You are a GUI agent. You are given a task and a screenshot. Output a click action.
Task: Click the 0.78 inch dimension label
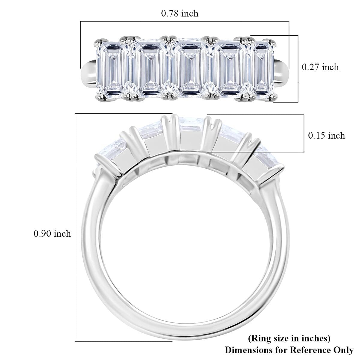coord(180,13)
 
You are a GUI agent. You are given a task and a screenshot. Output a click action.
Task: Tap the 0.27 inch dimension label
coord(320,67)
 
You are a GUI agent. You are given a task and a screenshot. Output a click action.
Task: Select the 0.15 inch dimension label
coord(327,135)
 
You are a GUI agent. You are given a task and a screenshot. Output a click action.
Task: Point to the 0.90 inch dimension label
coord(52,233)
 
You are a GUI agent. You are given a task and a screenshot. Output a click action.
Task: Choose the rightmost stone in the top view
coord(264,69)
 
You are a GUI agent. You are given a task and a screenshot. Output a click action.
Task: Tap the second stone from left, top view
coord(150,69)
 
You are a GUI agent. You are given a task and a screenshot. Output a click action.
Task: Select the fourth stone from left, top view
coord(230,69)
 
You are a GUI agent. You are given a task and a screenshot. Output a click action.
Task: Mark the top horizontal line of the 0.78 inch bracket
coord(184,21)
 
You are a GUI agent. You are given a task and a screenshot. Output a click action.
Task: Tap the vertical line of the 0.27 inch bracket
coord(298,69)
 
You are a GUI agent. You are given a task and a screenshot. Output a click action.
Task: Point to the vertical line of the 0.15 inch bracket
coord(304,133)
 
